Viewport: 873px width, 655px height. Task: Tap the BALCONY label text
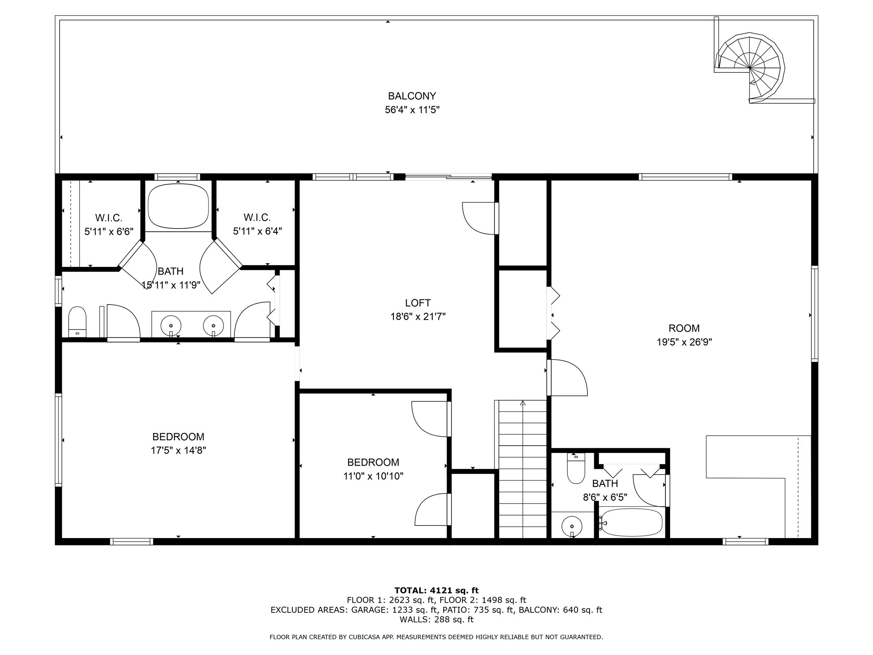pos(412,96)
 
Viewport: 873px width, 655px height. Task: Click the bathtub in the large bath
pos(178,207)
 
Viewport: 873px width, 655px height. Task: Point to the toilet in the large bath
pos(77,322)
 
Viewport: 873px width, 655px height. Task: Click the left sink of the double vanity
pos(171,327)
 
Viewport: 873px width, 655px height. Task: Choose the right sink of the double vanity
pos(213,327)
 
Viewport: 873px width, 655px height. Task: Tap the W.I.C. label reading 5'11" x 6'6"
pos(109,232)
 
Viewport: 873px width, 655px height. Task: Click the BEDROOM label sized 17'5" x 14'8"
pos(178,437)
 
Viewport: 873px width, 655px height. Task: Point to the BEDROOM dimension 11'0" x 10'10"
pos(373,476)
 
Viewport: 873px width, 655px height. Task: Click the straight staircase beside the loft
pos(523,469)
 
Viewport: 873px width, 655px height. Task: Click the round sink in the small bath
pos(571,525)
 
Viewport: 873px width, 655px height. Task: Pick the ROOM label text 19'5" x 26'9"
pos(684,342)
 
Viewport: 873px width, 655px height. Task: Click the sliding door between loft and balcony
pos(448,177)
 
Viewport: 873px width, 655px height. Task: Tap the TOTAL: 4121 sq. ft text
pos(436,591)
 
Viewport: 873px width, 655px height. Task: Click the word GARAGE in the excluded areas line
pos(369,610)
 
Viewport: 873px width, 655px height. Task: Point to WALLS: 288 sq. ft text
pos(436,620)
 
